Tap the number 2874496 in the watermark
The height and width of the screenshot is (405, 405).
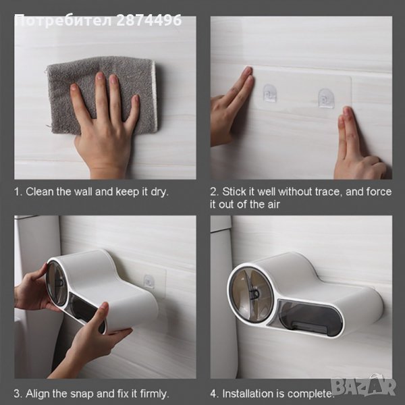click(149, 20)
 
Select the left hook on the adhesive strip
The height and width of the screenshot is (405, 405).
click(270, 93)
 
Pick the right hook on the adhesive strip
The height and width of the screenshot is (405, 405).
click(325, 98)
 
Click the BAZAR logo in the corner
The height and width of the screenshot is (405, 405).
click(364, 387)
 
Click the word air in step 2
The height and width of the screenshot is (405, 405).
click(273, 205)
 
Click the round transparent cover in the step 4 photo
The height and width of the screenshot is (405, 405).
click(250, 292)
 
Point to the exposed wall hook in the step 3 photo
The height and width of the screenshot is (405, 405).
click(149, 281)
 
